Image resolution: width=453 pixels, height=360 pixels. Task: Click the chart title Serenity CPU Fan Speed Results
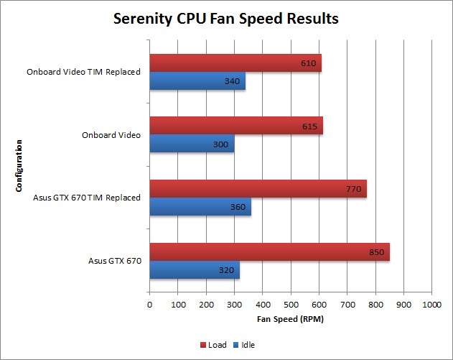point(226,19)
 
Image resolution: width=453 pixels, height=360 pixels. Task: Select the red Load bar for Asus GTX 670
point(269,251)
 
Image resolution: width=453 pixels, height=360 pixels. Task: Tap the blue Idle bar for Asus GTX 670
point(194,270)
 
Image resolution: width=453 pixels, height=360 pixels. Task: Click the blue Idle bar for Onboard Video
point(192,144)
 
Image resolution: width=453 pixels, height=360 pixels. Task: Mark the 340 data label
point(232,81)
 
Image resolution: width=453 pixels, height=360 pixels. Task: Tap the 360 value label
point(238,208)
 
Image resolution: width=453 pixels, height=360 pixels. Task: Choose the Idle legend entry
point(245,345)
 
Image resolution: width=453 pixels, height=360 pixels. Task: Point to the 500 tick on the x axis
point(291,305)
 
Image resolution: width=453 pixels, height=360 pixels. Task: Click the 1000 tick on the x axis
point(431,305)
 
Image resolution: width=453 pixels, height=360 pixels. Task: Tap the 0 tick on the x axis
point(149,305)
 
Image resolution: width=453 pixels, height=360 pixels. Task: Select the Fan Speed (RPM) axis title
point(290,318)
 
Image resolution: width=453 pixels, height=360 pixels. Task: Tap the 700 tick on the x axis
point(347,305)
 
